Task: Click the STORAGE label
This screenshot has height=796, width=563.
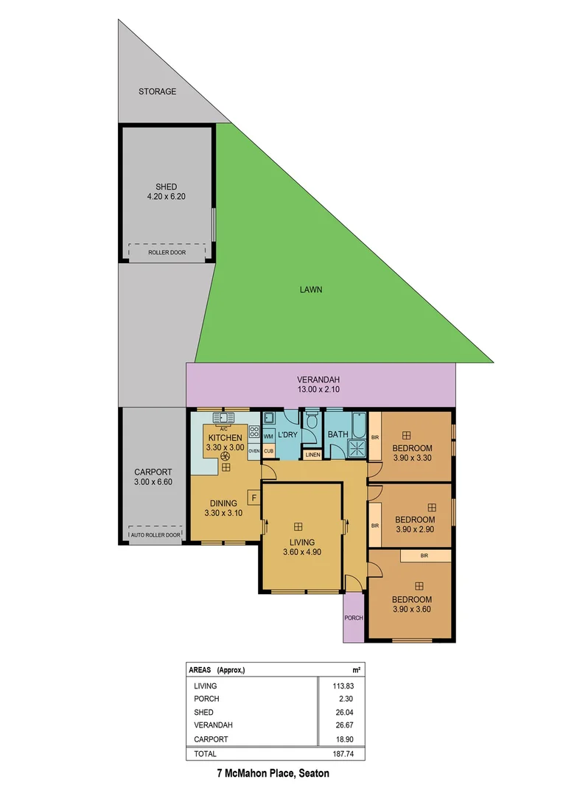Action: point(158,91)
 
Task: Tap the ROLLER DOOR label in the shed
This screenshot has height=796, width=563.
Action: point(167,252)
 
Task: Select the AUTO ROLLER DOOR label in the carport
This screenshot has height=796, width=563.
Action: point(155,535)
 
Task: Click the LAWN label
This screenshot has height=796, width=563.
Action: point(310,290)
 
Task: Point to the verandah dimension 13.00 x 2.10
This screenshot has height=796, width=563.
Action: point(320,391)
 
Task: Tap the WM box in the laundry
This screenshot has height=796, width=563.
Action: point(268,437)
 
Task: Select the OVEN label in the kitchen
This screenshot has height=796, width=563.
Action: point(254,451)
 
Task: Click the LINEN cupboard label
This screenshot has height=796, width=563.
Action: point(312,455)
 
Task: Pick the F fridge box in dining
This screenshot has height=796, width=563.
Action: point(254,498)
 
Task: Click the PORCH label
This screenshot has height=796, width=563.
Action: point(354,618)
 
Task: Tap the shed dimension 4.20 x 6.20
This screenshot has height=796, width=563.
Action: point(167,197)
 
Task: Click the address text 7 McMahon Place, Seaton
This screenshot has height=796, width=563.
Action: point(273,774)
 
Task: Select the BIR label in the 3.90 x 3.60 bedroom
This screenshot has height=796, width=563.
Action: point(424,556)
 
